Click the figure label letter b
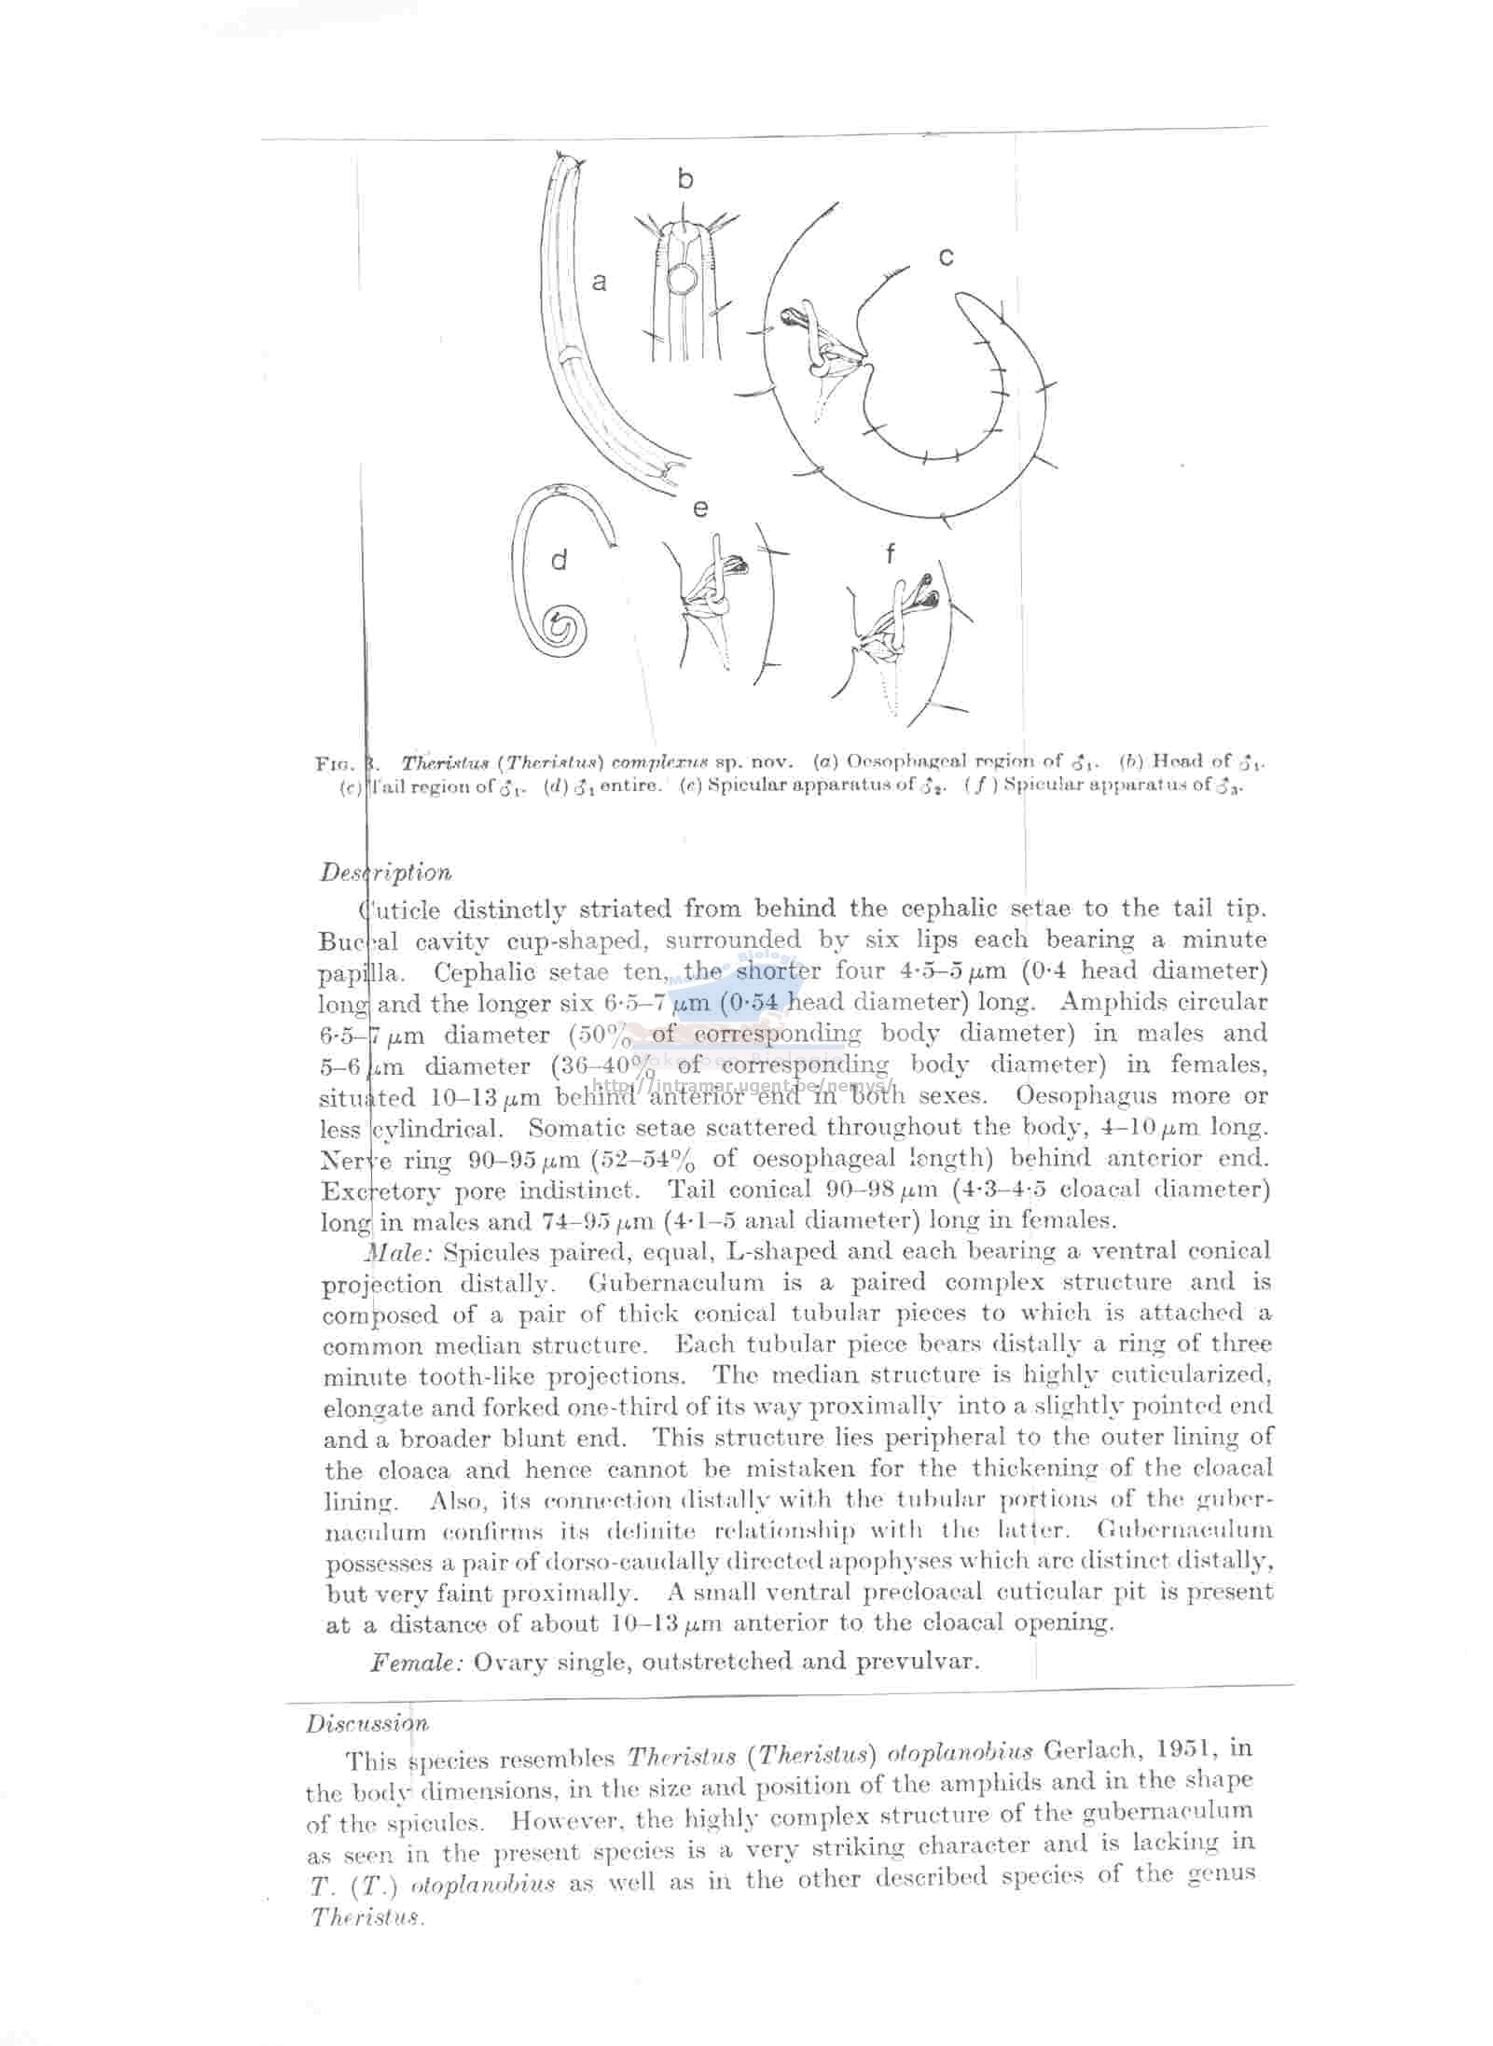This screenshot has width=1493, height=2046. pyautogui.click(x=685, y=179)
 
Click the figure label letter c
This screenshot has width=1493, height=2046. pyautogui.click(x=946, y=257)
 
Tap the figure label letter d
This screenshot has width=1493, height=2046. pyautogui.click(x=559, y=561)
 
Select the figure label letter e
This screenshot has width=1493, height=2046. pyautogui.click(x=700, y=508)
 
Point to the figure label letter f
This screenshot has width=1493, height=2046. pyautogui.click(x=890, y=555)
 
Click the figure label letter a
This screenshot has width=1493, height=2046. pyautogui.click(x=600, y=281)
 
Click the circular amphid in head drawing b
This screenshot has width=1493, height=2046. pyautogui.click(x=681, y=277)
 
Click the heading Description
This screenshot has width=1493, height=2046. pyautogui.click(x=385, y=872)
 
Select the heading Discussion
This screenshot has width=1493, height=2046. pyautogui.click(x=366, y=1723)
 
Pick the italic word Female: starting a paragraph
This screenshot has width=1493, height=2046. pyautogui.click(x=417, y=1662)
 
